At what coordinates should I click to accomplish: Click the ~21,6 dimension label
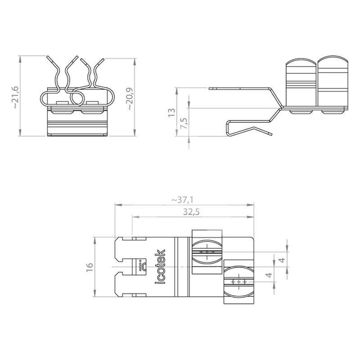point(15,97)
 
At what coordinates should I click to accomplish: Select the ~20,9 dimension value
point(129,99)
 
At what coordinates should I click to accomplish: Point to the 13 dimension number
point(172,112)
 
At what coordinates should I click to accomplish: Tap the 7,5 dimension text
point(184,123)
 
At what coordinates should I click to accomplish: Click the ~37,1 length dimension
point(183,200)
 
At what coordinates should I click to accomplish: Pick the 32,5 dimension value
point(191,212)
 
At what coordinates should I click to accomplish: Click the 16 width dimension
point(90,267)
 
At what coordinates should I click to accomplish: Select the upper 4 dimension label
point(282,260)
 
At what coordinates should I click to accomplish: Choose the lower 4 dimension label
point(269,274)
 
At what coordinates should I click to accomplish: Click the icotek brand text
point(160,266)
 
